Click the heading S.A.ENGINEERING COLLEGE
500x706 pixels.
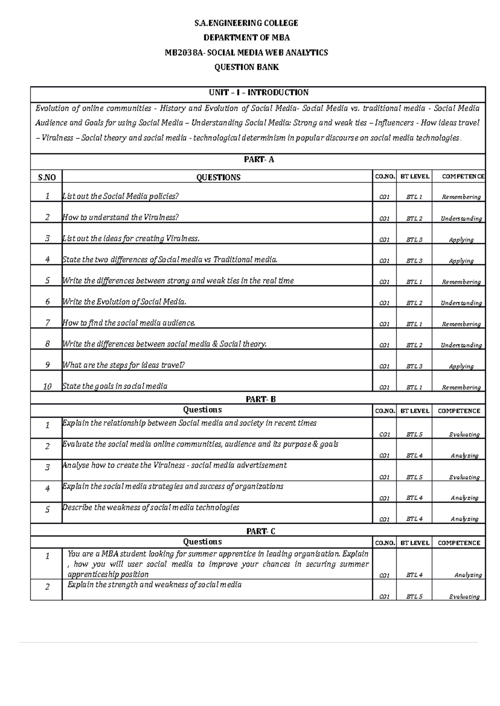pos(246,23)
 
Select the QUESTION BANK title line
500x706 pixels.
pos(246,67)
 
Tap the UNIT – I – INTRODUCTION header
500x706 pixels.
pos(258,92)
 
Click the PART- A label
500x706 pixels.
pos(258,160)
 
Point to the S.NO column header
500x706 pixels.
pos(47,177)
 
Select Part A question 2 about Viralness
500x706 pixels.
pos(120,217)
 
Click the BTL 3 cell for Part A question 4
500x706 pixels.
pos(414,261)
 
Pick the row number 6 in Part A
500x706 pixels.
pos(47,302)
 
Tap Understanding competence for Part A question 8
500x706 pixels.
pos(461,345)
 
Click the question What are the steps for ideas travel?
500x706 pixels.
pos(123,365)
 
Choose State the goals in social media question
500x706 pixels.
pos(115,386)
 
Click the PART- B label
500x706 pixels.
pos(260,399)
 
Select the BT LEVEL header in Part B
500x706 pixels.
pos(414,411)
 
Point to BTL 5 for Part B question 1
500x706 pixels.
pos(414,434)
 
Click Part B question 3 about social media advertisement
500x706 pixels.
pos(174,465)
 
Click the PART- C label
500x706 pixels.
pos(260,531)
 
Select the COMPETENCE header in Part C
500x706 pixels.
pos(459,543)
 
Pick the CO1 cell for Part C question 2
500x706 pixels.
pos(384,597)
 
